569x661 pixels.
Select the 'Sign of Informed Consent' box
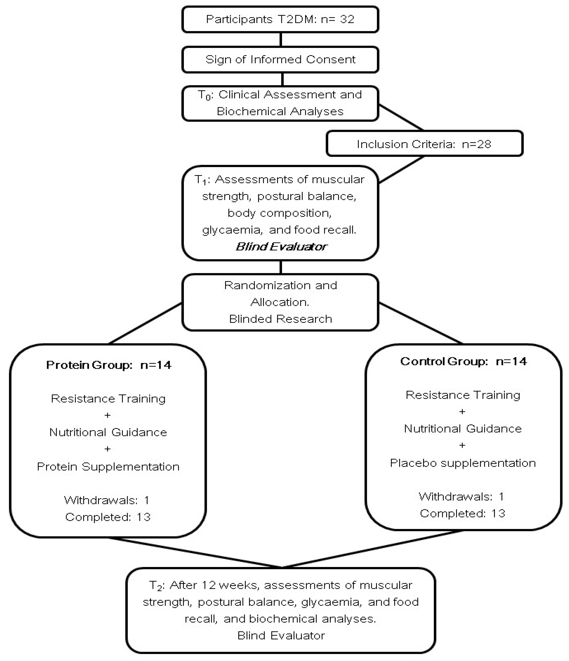(280, 60)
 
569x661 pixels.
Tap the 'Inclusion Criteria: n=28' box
(424, 144)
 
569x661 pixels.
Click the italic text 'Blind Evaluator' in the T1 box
(281, 247)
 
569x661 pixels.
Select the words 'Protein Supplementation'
(108, 467)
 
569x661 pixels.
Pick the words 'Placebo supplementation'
(463, 463)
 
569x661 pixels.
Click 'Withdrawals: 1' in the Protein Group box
(107, 500)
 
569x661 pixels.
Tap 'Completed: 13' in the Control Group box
(462, 513)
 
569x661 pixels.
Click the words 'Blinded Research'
(281, 319)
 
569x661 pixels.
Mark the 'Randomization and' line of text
(281, 285)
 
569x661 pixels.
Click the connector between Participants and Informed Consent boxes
(281, 39)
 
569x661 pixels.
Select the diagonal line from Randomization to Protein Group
(145, 323)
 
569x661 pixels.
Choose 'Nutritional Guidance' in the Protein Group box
(108, 432)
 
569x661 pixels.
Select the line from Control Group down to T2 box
(372, 549)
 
